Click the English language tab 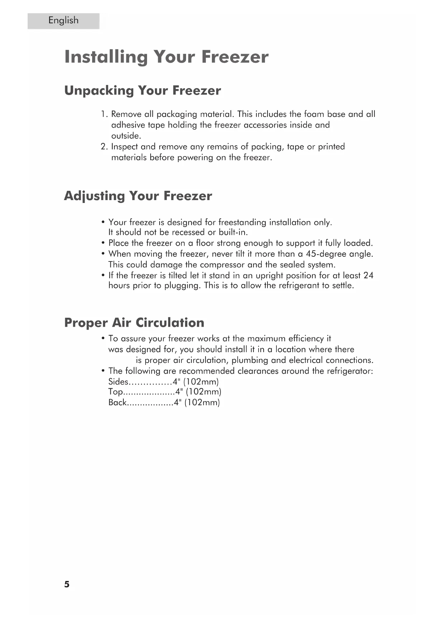tap(63, 21)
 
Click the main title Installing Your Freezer tap(166, 57)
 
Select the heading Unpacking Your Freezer tap(142, 90)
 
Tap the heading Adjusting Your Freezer tap(138, 196)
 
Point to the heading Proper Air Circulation tap(134, 323)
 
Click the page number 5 tap(67, 584)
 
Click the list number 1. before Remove tap(104, 114)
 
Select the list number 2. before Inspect tap(104, 147)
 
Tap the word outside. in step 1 tap(126, 136)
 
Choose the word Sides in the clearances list tap(118, 382)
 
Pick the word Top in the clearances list tap(115, 392)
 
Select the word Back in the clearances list tap(117, 403)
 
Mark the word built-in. tap(233, 232)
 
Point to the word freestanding tap(242, 222)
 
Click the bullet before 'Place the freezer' tap(103, 243)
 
